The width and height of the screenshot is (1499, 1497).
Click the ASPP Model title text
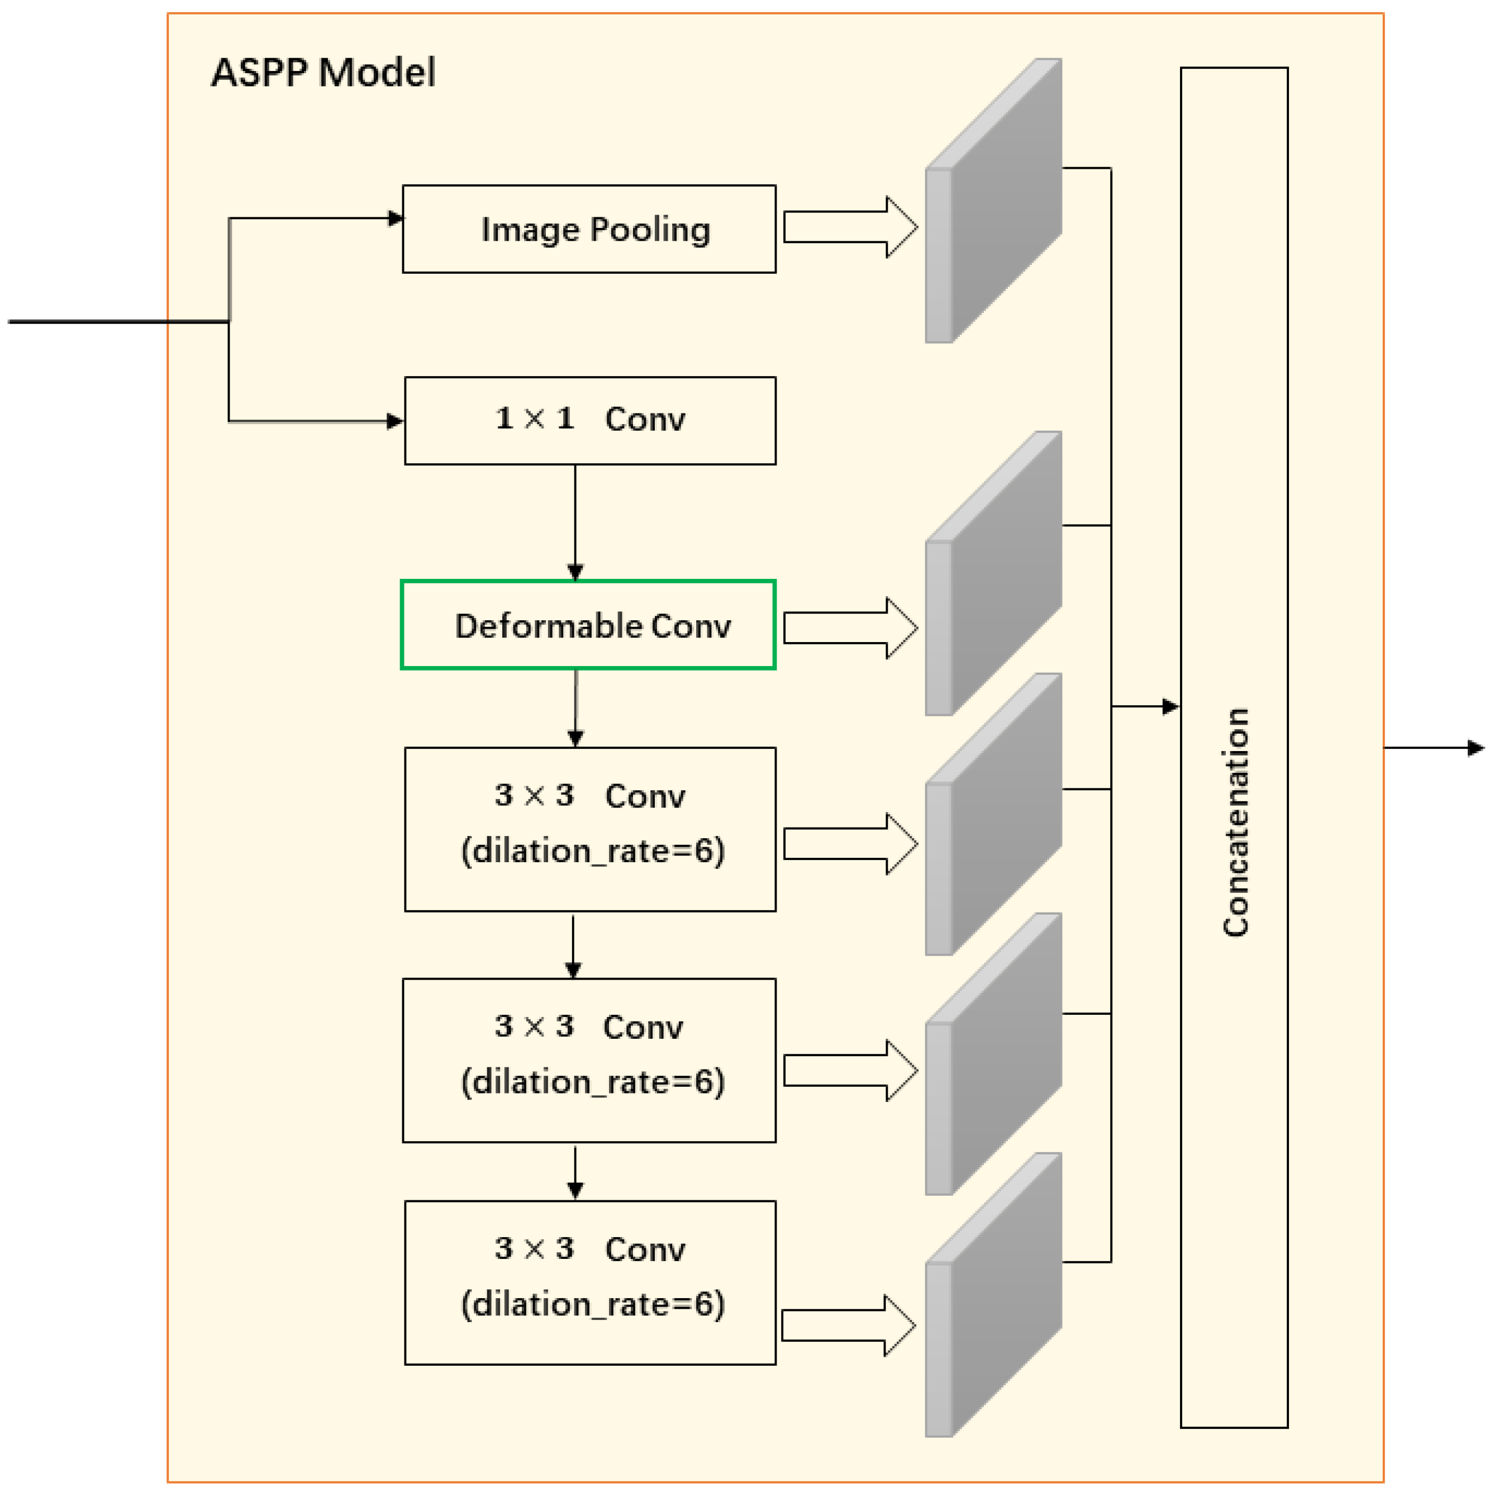pos(323,73)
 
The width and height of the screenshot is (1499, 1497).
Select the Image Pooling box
pos(589,229)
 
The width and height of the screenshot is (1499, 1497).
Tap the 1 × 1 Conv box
pos(589,421)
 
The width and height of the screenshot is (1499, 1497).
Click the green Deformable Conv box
pos(588,625)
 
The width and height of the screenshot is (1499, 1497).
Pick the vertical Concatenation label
pos(1235,823)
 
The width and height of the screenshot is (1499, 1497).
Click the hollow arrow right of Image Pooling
pos(850,227)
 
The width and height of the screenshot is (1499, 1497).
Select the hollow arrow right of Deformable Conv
pos(850,628)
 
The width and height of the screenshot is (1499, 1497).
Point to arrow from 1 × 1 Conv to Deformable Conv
pos(575,521)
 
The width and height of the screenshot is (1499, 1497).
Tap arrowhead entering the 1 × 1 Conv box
pos(396,421)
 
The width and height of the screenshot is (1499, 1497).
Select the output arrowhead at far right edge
pos(1476,748)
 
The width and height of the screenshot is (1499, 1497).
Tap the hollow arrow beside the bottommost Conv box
pos(849,1325)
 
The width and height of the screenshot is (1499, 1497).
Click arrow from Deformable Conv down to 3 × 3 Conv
pos(575,707)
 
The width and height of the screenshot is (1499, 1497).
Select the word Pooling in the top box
pos(650,230)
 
